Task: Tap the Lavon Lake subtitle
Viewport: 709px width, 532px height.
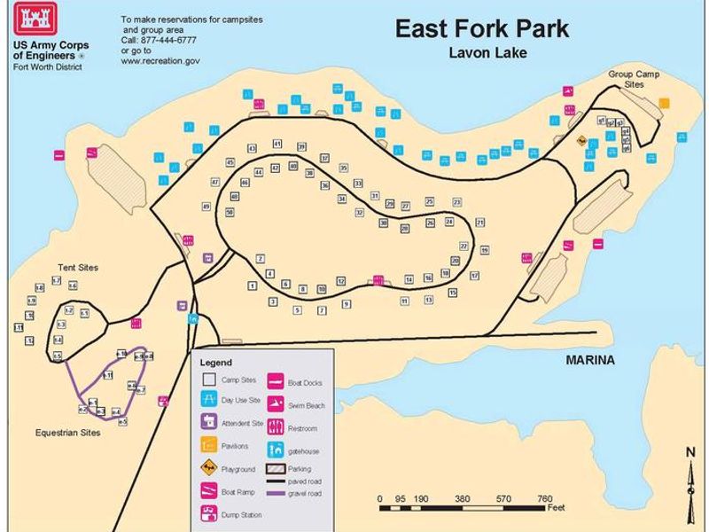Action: [x=488, y=53]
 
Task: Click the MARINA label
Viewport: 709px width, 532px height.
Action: [x=590, y=360]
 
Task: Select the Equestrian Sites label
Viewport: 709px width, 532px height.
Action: [x=67, y=433]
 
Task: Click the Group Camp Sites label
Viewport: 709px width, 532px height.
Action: [x=632, y=79]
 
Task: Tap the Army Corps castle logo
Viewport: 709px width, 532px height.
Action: [x=36, y=21]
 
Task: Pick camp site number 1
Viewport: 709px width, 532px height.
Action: [x=253, y=286]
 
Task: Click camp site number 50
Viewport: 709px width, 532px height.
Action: [x=230, y=213]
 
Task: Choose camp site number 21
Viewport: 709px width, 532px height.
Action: [x=480, y=223]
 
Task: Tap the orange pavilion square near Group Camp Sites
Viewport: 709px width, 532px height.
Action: [x=664, y=103]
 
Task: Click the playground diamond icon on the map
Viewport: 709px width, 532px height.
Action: [x=581, y=140]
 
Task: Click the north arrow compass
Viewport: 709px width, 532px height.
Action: [x=690, y=484]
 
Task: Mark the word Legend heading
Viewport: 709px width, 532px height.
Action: [x=215, y=363]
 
